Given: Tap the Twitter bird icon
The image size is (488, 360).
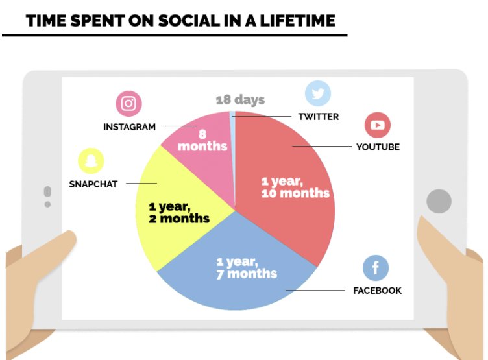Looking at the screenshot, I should tap(318, 93).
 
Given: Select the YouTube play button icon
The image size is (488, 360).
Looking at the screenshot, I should tap(377, 125).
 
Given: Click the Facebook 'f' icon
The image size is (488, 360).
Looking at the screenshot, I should tap(376, 267).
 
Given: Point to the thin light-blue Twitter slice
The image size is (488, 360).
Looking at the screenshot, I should tap(232, 123).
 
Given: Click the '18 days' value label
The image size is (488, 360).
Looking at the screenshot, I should tap(240, 100).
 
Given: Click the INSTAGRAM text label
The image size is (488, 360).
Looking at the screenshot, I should tap(130, 127).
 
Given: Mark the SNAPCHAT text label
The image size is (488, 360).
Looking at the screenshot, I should tap(93, 184).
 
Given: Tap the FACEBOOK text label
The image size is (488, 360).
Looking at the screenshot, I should tap(377, 291).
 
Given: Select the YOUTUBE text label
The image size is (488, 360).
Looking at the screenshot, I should tap(378, 147).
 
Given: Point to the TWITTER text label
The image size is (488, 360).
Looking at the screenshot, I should tap(318, 117).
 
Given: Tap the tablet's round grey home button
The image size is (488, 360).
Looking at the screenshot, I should tap(439, 201).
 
